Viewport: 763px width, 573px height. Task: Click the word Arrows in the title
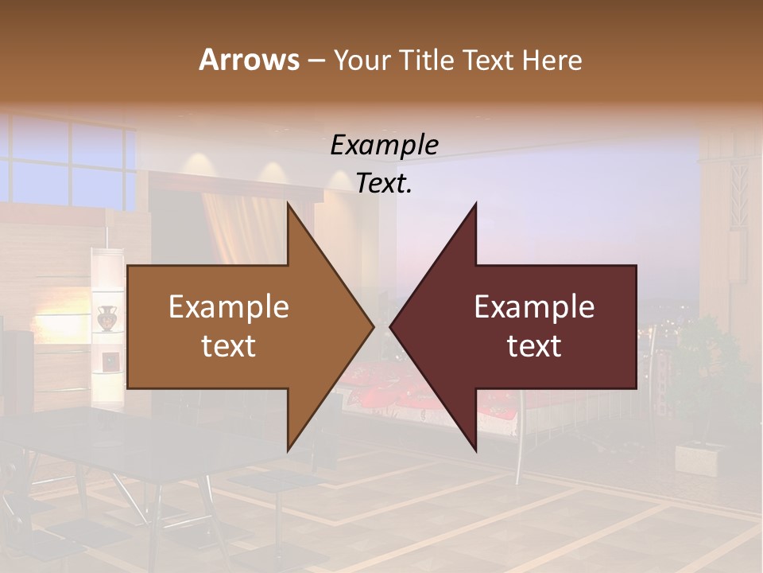pos(248,60)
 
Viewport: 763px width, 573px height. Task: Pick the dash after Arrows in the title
pos(316,61)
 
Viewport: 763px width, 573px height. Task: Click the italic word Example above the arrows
pos(384,146)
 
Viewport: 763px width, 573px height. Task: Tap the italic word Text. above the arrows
pos(384,184)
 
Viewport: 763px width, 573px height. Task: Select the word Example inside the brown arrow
pos(228,307)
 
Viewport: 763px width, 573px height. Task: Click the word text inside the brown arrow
pos(228,346)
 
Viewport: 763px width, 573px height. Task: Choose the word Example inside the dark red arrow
pos(534,307)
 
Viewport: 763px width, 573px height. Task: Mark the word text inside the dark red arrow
pos(534,346)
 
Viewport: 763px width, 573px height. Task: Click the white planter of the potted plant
pos(697,458)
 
